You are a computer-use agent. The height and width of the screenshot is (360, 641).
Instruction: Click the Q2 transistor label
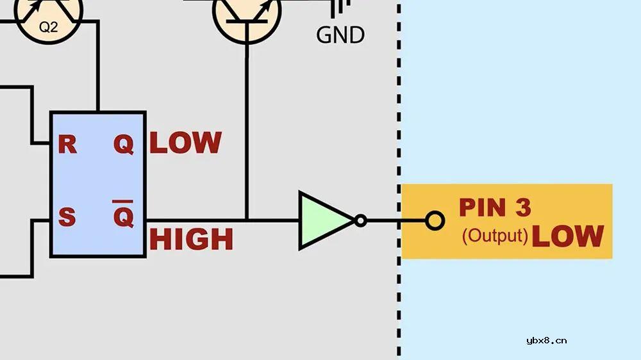coord(48,27)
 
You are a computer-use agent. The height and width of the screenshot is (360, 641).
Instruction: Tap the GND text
coord(340,35)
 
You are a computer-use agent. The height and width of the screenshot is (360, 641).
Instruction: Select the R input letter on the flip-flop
coord(67,144)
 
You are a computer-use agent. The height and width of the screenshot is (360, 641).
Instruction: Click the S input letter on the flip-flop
coord(67,217)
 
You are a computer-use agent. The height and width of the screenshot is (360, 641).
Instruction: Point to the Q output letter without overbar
coord(124,145)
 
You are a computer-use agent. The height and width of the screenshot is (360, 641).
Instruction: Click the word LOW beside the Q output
coord(186,143)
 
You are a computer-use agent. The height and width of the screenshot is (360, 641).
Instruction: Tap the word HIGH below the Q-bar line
coord(191,239)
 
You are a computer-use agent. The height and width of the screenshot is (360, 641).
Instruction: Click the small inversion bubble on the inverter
coord(360,220)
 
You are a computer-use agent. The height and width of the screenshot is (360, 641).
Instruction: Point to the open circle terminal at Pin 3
coord(435,220)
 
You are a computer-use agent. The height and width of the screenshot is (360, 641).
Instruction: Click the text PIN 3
coord(495,207)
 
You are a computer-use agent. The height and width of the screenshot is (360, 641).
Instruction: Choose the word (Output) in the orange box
coord(495,236)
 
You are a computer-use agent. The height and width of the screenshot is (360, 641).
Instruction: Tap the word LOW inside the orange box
coord(568,236)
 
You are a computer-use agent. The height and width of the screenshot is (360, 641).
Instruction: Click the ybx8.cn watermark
coord(547,340)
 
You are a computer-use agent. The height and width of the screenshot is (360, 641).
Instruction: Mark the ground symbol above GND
coord(340,8)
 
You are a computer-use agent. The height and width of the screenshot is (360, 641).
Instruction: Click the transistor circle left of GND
coord(247,17)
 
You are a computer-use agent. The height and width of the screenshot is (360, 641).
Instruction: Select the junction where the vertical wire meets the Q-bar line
coord(247,220)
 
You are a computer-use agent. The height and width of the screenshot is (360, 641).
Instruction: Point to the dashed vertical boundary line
coord(399,180)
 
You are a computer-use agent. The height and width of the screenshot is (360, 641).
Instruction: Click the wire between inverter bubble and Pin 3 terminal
coord(396,220)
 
